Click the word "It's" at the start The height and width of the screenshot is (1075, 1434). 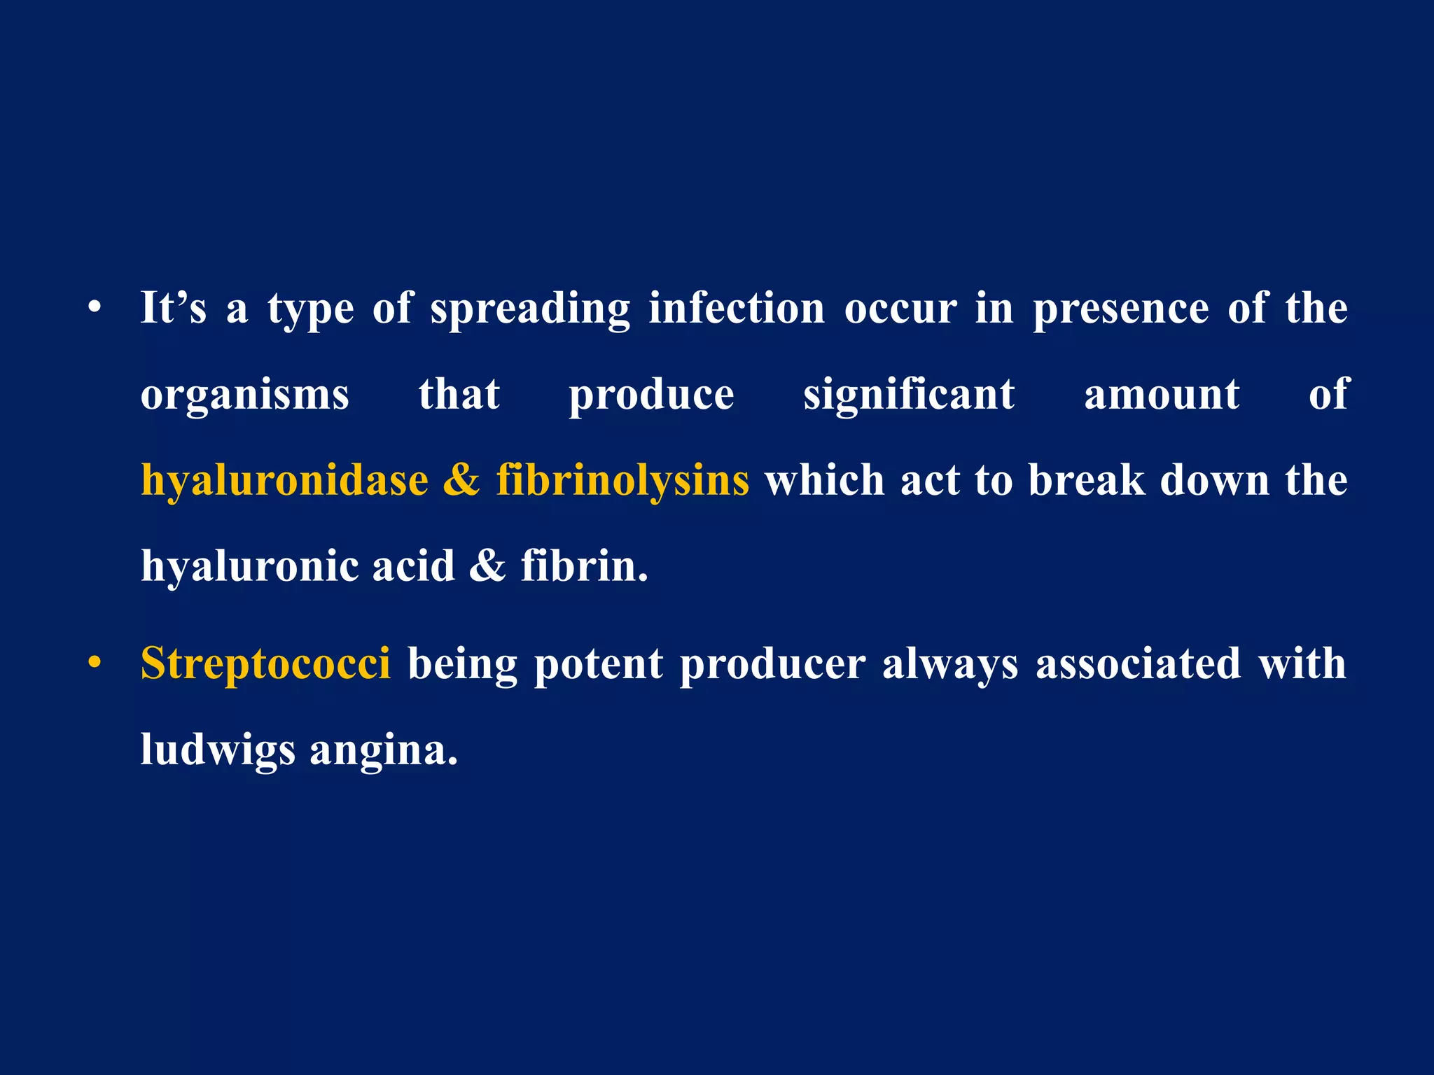coord(174,308)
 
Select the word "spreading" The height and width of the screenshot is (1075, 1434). coord(530,309)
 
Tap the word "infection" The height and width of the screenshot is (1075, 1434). coord(737,308)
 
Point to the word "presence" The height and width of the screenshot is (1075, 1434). coord(1121,309)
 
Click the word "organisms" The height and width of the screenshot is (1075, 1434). coord(244,395)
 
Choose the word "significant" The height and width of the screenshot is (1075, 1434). coord(909,395)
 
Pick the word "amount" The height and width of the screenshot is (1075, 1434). coord(1162,394)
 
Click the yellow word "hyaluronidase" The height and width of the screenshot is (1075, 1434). coord(284,482)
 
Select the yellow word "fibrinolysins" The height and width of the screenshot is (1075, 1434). coord(622,482)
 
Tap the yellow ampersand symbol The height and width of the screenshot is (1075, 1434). coord(461,480)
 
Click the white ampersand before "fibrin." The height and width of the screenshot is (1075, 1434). coord(487,565)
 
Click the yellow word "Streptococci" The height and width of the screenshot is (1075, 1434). coord(265,663)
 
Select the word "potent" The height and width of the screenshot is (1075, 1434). coord(598,663)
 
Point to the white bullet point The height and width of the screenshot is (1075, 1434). coord(95,308)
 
